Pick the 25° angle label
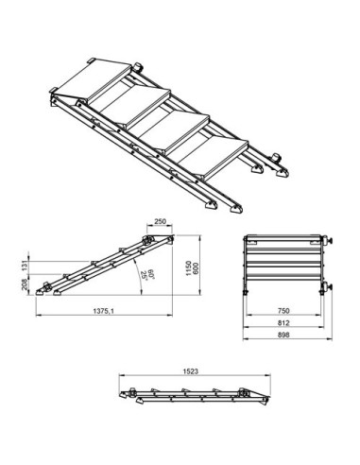click(x=144, y=277)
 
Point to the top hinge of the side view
click(x=149, y=240)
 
